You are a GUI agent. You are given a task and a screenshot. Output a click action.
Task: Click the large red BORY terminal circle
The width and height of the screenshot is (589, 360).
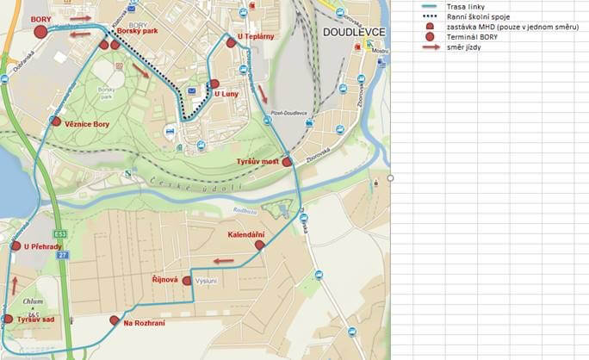(x=40, y=32)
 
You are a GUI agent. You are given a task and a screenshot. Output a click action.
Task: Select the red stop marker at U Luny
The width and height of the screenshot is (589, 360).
(x=214, y=84)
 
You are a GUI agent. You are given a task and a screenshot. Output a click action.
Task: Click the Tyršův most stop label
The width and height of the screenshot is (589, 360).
(x=258, y=162)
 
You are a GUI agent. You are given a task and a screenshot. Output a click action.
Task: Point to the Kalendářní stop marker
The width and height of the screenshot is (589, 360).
(x=260, y=245)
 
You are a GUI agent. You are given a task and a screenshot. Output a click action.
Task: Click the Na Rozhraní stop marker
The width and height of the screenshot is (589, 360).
(x=114, y=320)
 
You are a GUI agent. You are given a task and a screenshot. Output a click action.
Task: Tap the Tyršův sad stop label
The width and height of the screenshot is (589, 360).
(x=36, y=320)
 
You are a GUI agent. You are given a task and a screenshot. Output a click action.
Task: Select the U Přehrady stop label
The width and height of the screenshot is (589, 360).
(x=43, y=247)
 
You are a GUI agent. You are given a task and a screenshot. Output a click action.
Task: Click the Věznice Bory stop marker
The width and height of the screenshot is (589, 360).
(x=56, y=121)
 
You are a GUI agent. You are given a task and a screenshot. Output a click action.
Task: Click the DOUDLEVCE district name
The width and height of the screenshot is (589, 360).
(x=354, y=32)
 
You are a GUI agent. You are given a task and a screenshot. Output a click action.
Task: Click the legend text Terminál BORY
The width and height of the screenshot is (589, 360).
(x=472, y=37)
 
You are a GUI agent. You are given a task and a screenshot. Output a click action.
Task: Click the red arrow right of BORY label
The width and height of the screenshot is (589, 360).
(x=80, y=17)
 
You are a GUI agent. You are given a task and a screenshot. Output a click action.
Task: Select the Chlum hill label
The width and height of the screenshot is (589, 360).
(x=33, y=301)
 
